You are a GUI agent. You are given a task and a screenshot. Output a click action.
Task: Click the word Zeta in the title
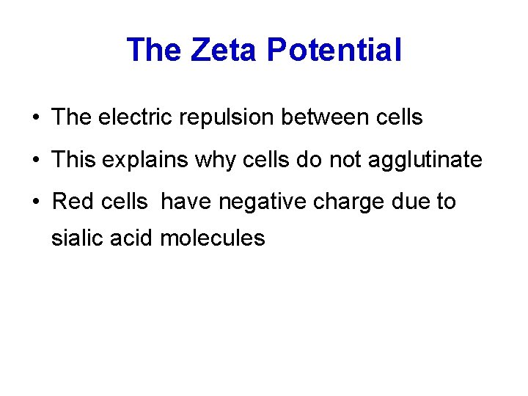pyautogui.click(x=225, y=50)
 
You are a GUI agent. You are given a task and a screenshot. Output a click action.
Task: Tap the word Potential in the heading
pyautogui.click(x=334, y=50)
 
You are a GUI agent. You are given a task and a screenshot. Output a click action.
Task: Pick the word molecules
pyautogui.click(x=212, y=238)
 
